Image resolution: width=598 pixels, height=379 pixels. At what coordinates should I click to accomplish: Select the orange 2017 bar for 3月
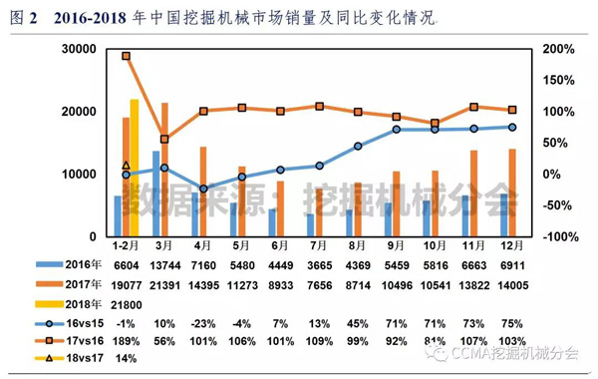pyautogui.click(x=164, y=170)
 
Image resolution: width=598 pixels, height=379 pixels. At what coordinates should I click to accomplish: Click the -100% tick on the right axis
pyautogui.click(x=559, y=236)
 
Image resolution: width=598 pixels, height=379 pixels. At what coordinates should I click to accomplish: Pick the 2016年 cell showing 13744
pyautogui.click(x=164, y=264)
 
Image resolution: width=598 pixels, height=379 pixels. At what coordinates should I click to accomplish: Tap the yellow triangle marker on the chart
pyautogui.click(x=127, y=166)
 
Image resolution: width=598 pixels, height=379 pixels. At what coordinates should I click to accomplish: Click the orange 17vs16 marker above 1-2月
pyautogui.click(x=127, y=56)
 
